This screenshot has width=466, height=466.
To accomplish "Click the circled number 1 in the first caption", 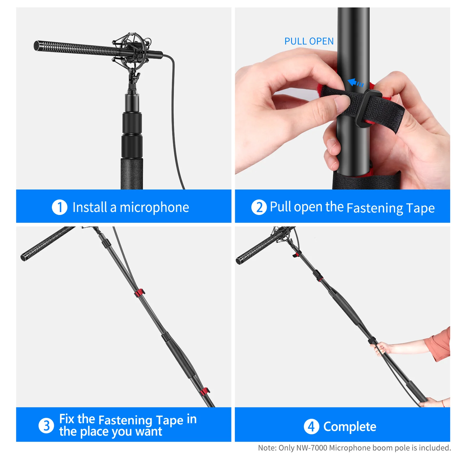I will tap(59, 207).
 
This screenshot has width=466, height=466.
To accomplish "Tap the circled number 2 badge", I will tap(259, 207).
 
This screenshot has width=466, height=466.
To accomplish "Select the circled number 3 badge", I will tap(46, 426).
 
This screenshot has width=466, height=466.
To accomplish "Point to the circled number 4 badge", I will tap(311, 427).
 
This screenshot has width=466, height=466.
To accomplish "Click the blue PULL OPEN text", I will tap(309, 41).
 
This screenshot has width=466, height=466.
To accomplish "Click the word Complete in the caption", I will tap(350, 427).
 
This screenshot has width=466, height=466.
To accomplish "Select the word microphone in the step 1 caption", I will tap(154, 208).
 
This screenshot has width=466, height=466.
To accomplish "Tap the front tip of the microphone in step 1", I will tap(36, 46).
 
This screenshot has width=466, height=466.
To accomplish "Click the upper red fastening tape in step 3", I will tap(140, 293).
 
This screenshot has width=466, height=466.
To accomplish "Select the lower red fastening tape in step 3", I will tap(205, 391).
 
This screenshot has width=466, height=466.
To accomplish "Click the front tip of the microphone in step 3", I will tap(23, 257).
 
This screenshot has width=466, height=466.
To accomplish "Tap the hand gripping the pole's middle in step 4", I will tap(379, 348).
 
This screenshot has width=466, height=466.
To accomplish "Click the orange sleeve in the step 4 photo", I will tap(440, 344).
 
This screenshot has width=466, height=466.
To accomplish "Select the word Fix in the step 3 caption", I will tap(67, 419).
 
